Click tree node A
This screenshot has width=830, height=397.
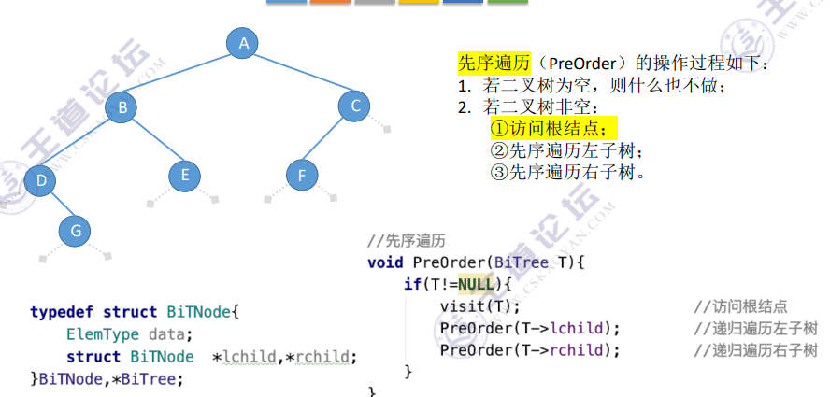point(243,42)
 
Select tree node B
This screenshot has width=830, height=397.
point(122,107)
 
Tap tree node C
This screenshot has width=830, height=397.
point(355,106)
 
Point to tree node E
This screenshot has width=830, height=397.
point(185,175)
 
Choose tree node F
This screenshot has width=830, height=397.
point(300,175)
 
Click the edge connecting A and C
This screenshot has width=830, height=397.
point(299,74)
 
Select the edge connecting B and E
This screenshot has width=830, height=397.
point(153,141)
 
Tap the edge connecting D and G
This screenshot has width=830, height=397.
point(58,204)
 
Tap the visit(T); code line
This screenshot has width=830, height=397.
point(479,305)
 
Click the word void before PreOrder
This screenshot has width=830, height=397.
point(386,262)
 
